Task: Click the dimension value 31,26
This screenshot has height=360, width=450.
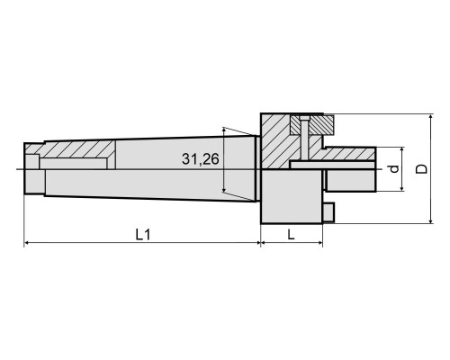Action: [201, 159]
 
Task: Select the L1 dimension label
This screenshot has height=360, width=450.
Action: [143, 235]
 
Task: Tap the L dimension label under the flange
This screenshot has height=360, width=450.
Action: [291, 235]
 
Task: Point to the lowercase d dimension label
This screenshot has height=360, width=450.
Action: [395, 169]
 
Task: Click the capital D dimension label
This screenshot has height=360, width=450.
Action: [422, 169]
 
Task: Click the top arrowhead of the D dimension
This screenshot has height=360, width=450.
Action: [431, 117]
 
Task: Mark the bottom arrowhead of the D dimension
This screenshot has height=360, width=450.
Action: [431, 220]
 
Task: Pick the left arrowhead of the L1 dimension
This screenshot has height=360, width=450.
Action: [27, 242]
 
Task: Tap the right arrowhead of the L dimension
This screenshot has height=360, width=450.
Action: [319, 242]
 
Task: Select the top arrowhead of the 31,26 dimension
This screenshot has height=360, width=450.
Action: [224, 130]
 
